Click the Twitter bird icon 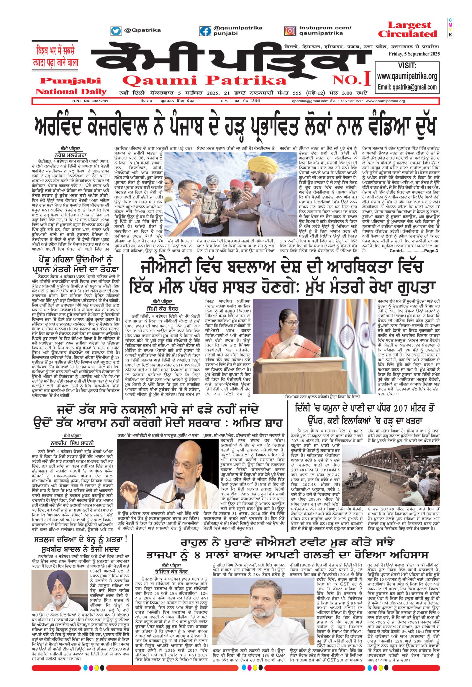[x=116, y=31]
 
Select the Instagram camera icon [x=290, y=31]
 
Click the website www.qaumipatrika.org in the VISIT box [x=407, y=76]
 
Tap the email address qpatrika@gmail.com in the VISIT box [x=407, y=87]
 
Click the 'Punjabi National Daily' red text [x=71, y=86]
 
